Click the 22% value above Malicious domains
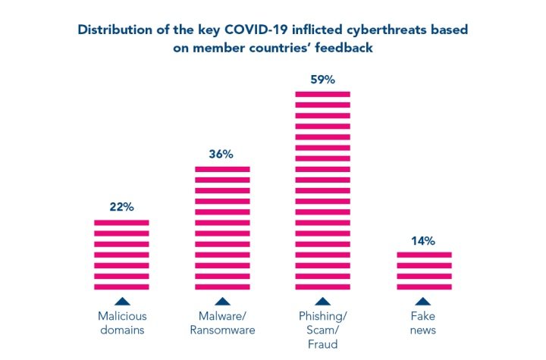(121, 207)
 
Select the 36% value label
(221, 154)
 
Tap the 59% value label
(322, 79)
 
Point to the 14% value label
(423, 240)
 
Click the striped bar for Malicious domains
(121, 255)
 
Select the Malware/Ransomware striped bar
(222, 228)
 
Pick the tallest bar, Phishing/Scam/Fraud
(322, 190)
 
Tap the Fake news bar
(423, 271)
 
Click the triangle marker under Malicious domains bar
(121, 301)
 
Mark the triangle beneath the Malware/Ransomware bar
(222, 301)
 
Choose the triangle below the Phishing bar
(322, 301)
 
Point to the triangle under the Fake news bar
(423, 301)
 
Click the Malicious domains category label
(121, 322)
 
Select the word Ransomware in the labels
(222, 330)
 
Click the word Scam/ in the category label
(322, 330)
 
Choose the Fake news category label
(423, 322)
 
